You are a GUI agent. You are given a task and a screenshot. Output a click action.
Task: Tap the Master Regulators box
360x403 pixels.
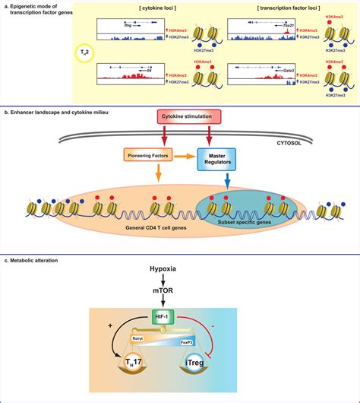click(217, 157)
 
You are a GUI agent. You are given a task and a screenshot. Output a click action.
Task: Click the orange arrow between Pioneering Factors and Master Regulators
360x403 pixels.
click(182, 157)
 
